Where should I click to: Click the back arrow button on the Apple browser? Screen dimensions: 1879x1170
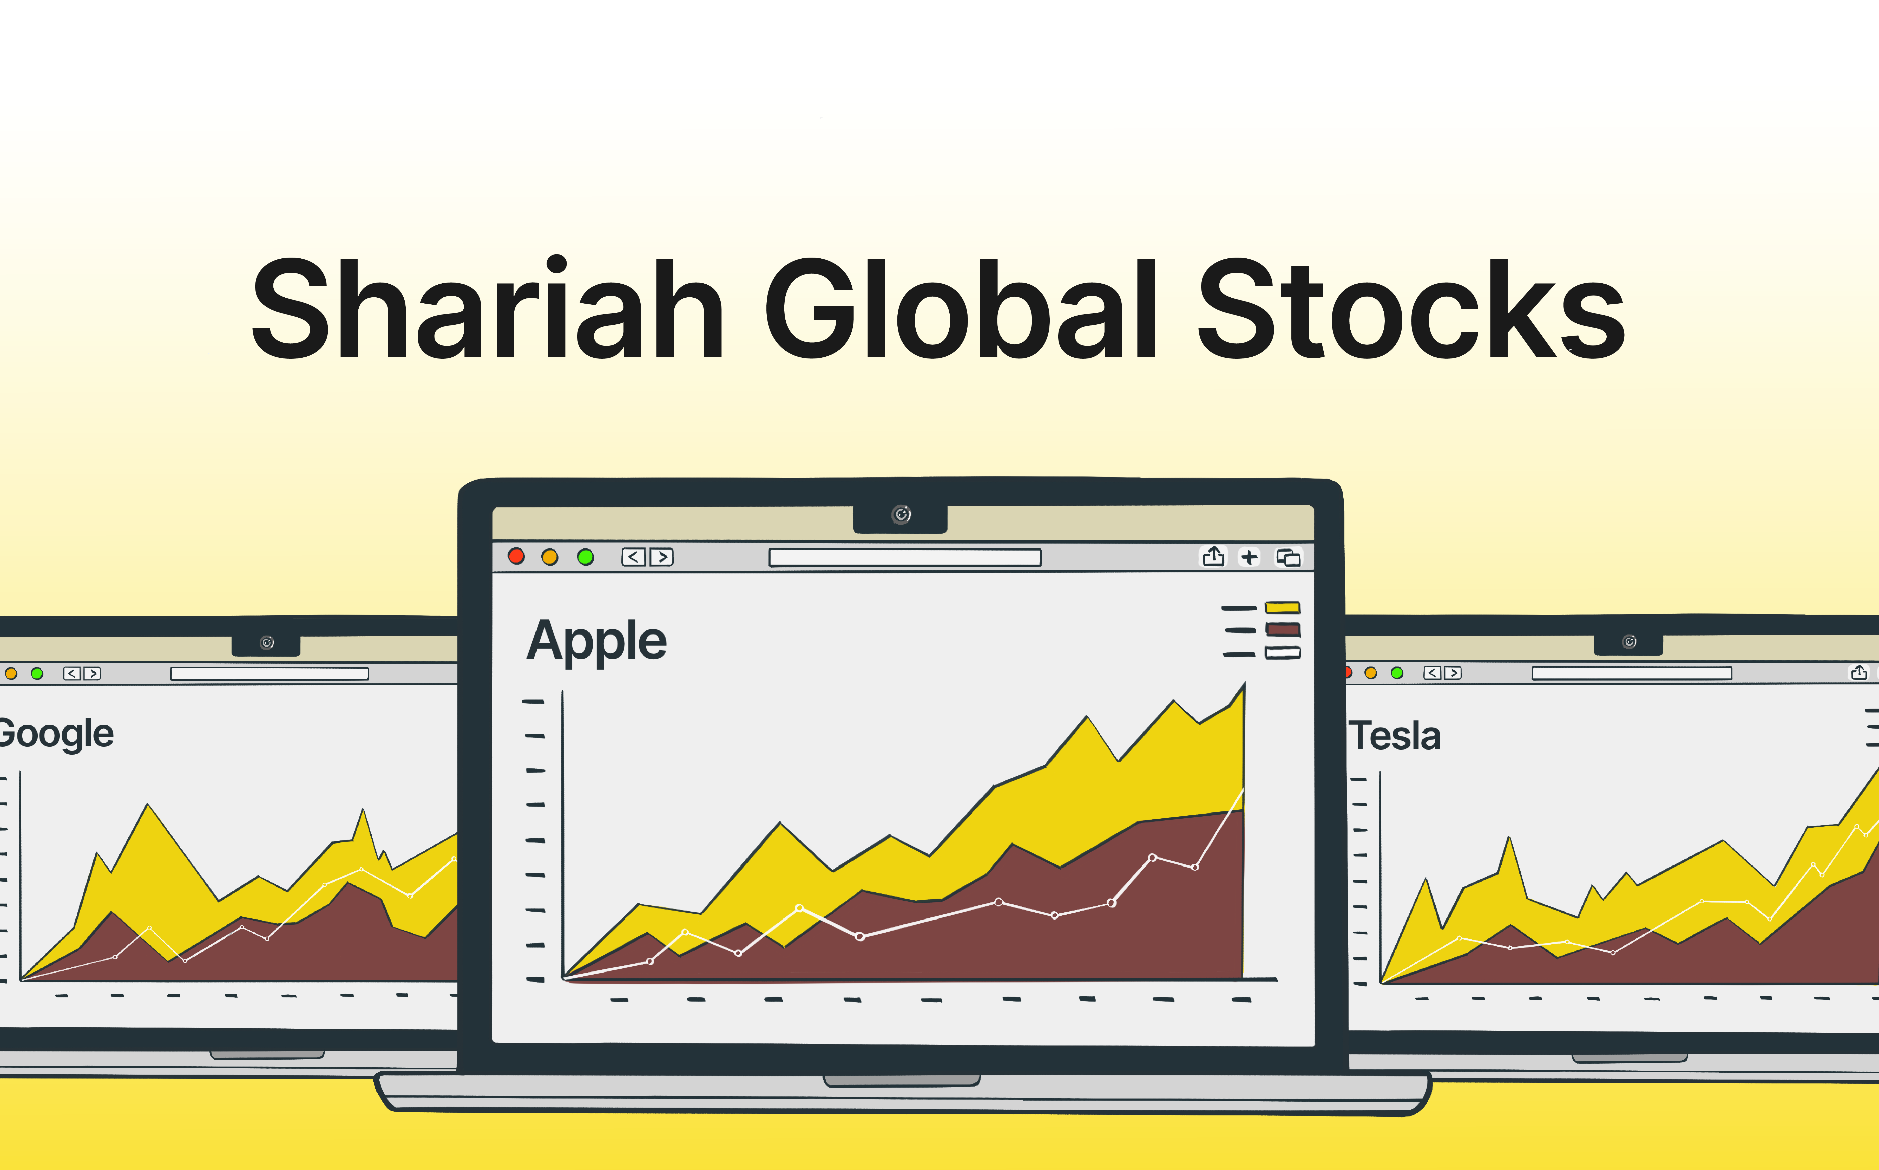pyautogui.click(x=634, y=557)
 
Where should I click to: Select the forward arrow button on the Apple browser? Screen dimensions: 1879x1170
pyautogui.click(x=661, y=557)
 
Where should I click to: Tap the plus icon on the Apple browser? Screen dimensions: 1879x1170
pyautogui.click(x=1249, y=557)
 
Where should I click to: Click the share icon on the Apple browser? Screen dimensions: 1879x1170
pyautogui.click(x=1214, y=556)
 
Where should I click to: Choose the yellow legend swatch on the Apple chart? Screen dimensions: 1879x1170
pyautogui.click(x=1283, y=607)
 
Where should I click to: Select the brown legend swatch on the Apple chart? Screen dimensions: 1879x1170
pyautogui.click(x=1283, y=630)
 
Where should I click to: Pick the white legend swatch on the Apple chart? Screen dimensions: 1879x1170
pyautogui.click(x=1283, y=653)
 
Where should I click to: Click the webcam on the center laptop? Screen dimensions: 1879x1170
pyautogui.click(x=901, y=515)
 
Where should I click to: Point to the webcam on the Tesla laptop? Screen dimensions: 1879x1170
pyautogui.click(x=1629, y=642)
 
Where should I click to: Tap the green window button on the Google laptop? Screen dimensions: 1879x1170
pyautogui.click(x=36, y=673)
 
